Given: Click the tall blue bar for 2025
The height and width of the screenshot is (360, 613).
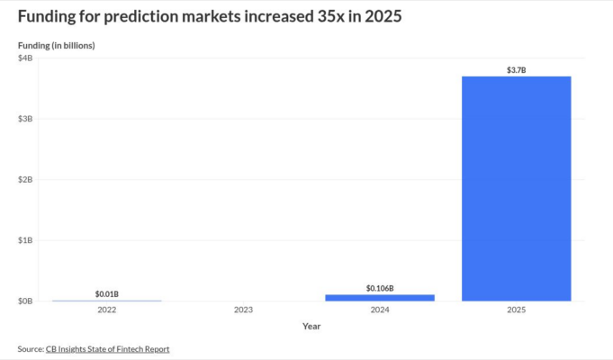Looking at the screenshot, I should click(x=516, y=188).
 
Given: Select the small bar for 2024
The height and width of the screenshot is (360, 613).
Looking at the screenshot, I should click(x=380, y=297).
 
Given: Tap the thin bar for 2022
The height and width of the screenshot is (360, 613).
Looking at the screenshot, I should click(x=107, y=300).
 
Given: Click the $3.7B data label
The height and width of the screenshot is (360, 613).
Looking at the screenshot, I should click(x=516, y=68).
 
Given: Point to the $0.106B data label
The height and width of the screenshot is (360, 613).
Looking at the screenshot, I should click(x=380, y=288).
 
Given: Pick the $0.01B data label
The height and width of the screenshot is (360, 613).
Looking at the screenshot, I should click(x=107, y=294).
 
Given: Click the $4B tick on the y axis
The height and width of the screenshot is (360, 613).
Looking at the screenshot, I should click(x=25, y=58).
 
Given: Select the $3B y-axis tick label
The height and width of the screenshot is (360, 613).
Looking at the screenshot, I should click(x=25, y=119).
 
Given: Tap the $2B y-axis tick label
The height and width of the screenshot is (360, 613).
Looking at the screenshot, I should click(x=25, y=179).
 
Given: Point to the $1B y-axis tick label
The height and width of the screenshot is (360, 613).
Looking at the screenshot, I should click(x=25, y=240).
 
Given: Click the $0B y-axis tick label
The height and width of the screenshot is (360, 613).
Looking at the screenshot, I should click(x=25, y=301).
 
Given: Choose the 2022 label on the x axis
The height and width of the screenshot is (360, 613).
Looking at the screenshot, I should click(x=107, y=310).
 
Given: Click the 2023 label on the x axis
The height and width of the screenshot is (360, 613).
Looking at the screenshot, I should click(x=243, y=310).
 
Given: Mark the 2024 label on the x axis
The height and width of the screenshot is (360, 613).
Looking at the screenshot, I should click(x=380, y=310).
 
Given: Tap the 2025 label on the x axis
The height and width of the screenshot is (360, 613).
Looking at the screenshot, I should click(x=516, y=310).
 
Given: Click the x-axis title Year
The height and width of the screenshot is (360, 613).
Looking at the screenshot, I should click(x=311, y=326).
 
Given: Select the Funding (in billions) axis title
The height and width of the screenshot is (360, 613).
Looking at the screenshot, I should click(x=56, y=45).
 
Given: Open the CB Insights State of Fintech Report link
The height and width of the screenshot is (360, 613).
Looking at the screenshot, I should click(x=107, y=348).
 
